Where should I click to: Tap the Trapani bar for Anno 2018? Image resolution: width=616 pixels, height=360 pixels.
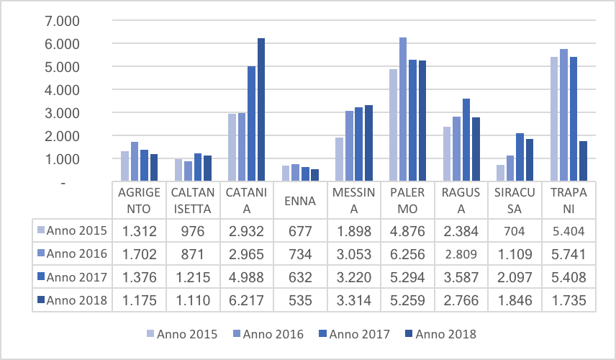pos(583,161)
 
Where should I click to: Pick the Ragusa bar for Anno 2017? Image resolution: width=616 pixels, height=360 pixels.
pos(466,140)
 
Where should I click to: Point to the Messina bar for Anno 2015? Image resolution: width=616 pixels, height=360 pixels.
pos(340,159)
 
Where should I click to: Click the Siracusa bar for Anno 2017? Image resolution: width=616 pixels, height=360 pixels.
pos(520,157)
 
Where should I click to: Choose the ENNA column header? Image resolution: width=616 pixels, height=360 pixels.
pos(300,201)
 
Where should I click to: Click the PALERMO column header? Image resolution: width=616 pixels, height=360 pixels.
pos(407,201)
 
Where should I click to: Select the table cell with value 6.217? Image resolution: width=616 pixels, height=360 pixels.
pos(246,301)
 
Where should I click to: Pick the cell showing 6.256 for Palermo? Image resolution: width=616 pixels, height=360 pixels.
pos(407,254)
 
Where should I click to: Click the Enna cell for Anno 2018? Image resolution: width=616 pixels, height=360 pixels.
pos(300,301)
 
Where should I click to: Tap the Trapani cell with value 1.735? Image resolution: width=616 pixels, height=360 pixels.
pos(569,301)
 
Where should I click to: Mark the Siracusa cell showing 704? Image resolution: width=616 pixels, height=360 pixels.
pos(515,231)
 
